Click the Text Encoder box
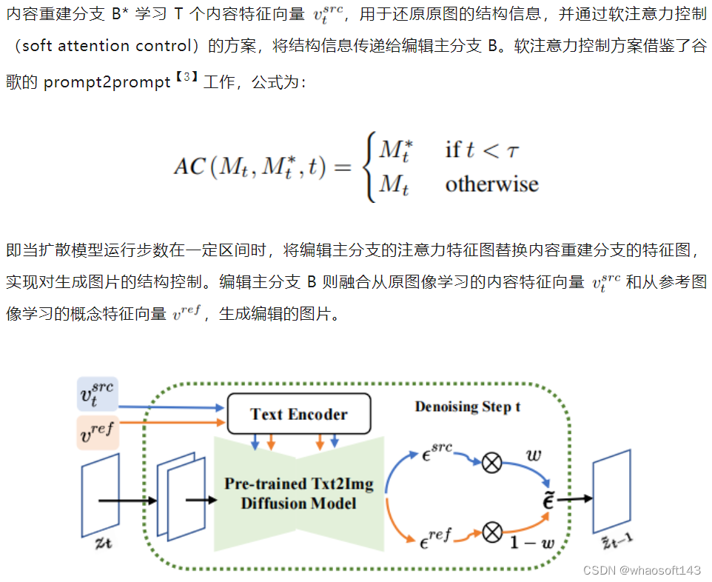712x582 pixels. pyautogui.click(x=298, y=414)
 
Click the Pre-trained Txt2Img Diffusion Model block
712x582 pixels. pyautogui.click(x=298, y=494)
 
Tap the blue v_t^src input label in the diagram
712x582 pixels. pyautogui.click(x=98, y=395)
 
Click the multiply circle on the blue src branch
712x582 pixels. pyautogui.click(x=491, y=464)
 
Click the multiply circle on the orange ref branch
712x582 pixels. pyautogui.click(x=491, y=532)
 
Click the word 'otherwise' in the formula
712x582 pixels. pyautogui.click(x=491, y=184)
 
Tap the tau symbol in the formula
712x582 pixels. pyautogui.click(x=512, y=150)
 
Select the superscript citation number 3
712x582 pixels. pyautogui.click(x=187, y=77)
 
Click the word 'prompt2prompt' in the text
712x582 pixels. pyautogui.click(x=107, y=82)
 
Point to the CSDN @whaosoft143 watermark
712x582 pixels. pyautogui.click(x=641, y=570)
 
